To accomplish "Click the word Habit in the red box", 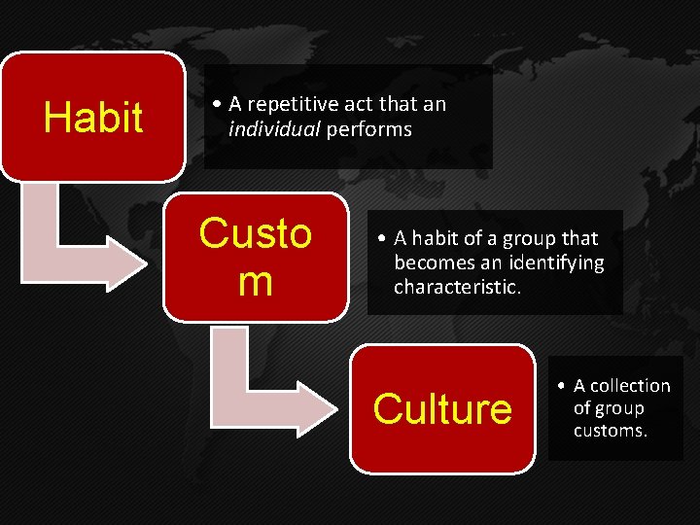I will tap(93, 118).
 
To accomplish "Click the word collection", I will tap(629, 386).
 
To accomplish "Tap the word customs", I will tap(610, 431).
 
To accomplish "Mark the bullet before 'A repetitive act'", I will tap(220, 104).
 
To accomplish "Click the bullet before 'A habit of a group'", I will tap(385, 239).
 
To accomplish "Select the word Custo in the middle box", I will tap(255, 233).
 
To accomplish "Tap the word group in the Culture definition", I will tap(620, 408).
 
